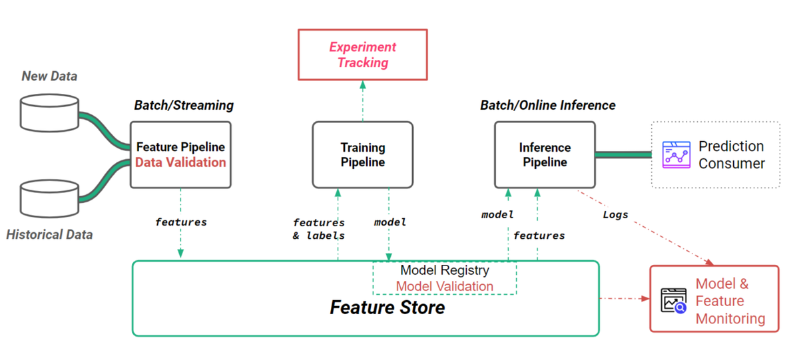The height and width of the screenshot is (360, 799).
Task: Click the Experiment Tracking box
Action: [362, 55]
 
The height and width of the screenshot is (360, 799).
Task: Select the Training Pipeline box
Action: [362, 154]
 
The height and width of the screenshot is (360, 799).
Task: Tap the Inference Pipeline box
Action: [544, 154]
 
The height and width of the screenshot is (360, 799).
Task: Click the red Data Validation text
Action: [180, 162]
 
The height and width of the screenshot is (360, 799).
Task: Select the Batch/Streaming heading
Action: [184, 105]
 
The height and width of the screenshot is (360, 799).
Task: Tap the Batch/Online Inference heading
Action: [547, 105]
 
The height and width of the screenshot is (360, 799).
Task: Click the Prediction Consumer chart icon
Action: [676, 154]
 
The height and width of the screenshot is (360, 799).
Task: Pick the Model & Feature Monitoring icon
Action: [673, 301]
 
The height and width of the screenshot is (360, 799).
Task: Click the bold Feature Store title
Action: [387, 308]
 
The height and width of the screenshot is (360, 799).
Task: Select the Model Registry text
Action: [444, 271]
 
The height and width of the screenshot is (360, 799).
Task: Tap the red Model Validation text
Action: [444, 286]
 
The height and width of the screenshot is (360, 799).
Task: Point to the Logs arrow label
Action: [615, 214]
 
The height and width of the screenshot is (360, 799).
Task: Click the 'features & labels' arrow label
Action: [318, 229]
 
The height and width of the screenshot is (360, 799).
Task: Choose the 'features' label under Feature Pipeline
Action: [180, 222]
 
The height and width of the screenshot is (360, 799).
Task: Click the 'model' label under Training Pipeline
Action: [390, 222]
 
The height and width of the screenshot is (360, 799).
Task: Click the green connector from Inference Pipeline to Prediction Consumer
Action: [622, 154]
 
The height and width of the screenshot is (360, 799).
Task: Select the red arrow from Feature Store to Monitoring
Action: [624, 299]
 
